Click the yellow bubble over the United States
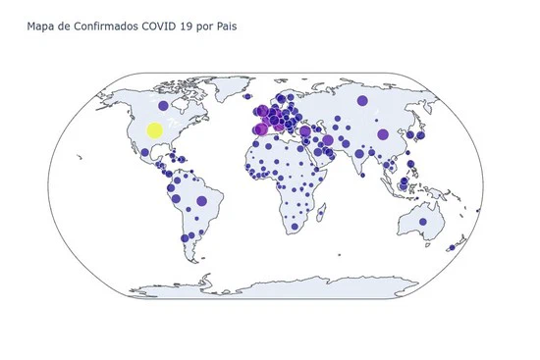pyautogui.click(x=154, y=130)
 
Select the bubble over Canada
pyautogui.click(x=164, y=105)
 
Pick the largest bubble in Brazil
pyautogui.click(x=201, y=201)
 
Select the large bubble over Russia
pyautogui.click(x=362, y=101)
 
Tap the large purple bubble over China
pyautogui.click(x=383, y=134)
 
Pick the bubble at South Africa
pyautogui.click(x=294, y=227)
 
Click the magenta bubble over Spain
pyautogui.click(x=261, y=129)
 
